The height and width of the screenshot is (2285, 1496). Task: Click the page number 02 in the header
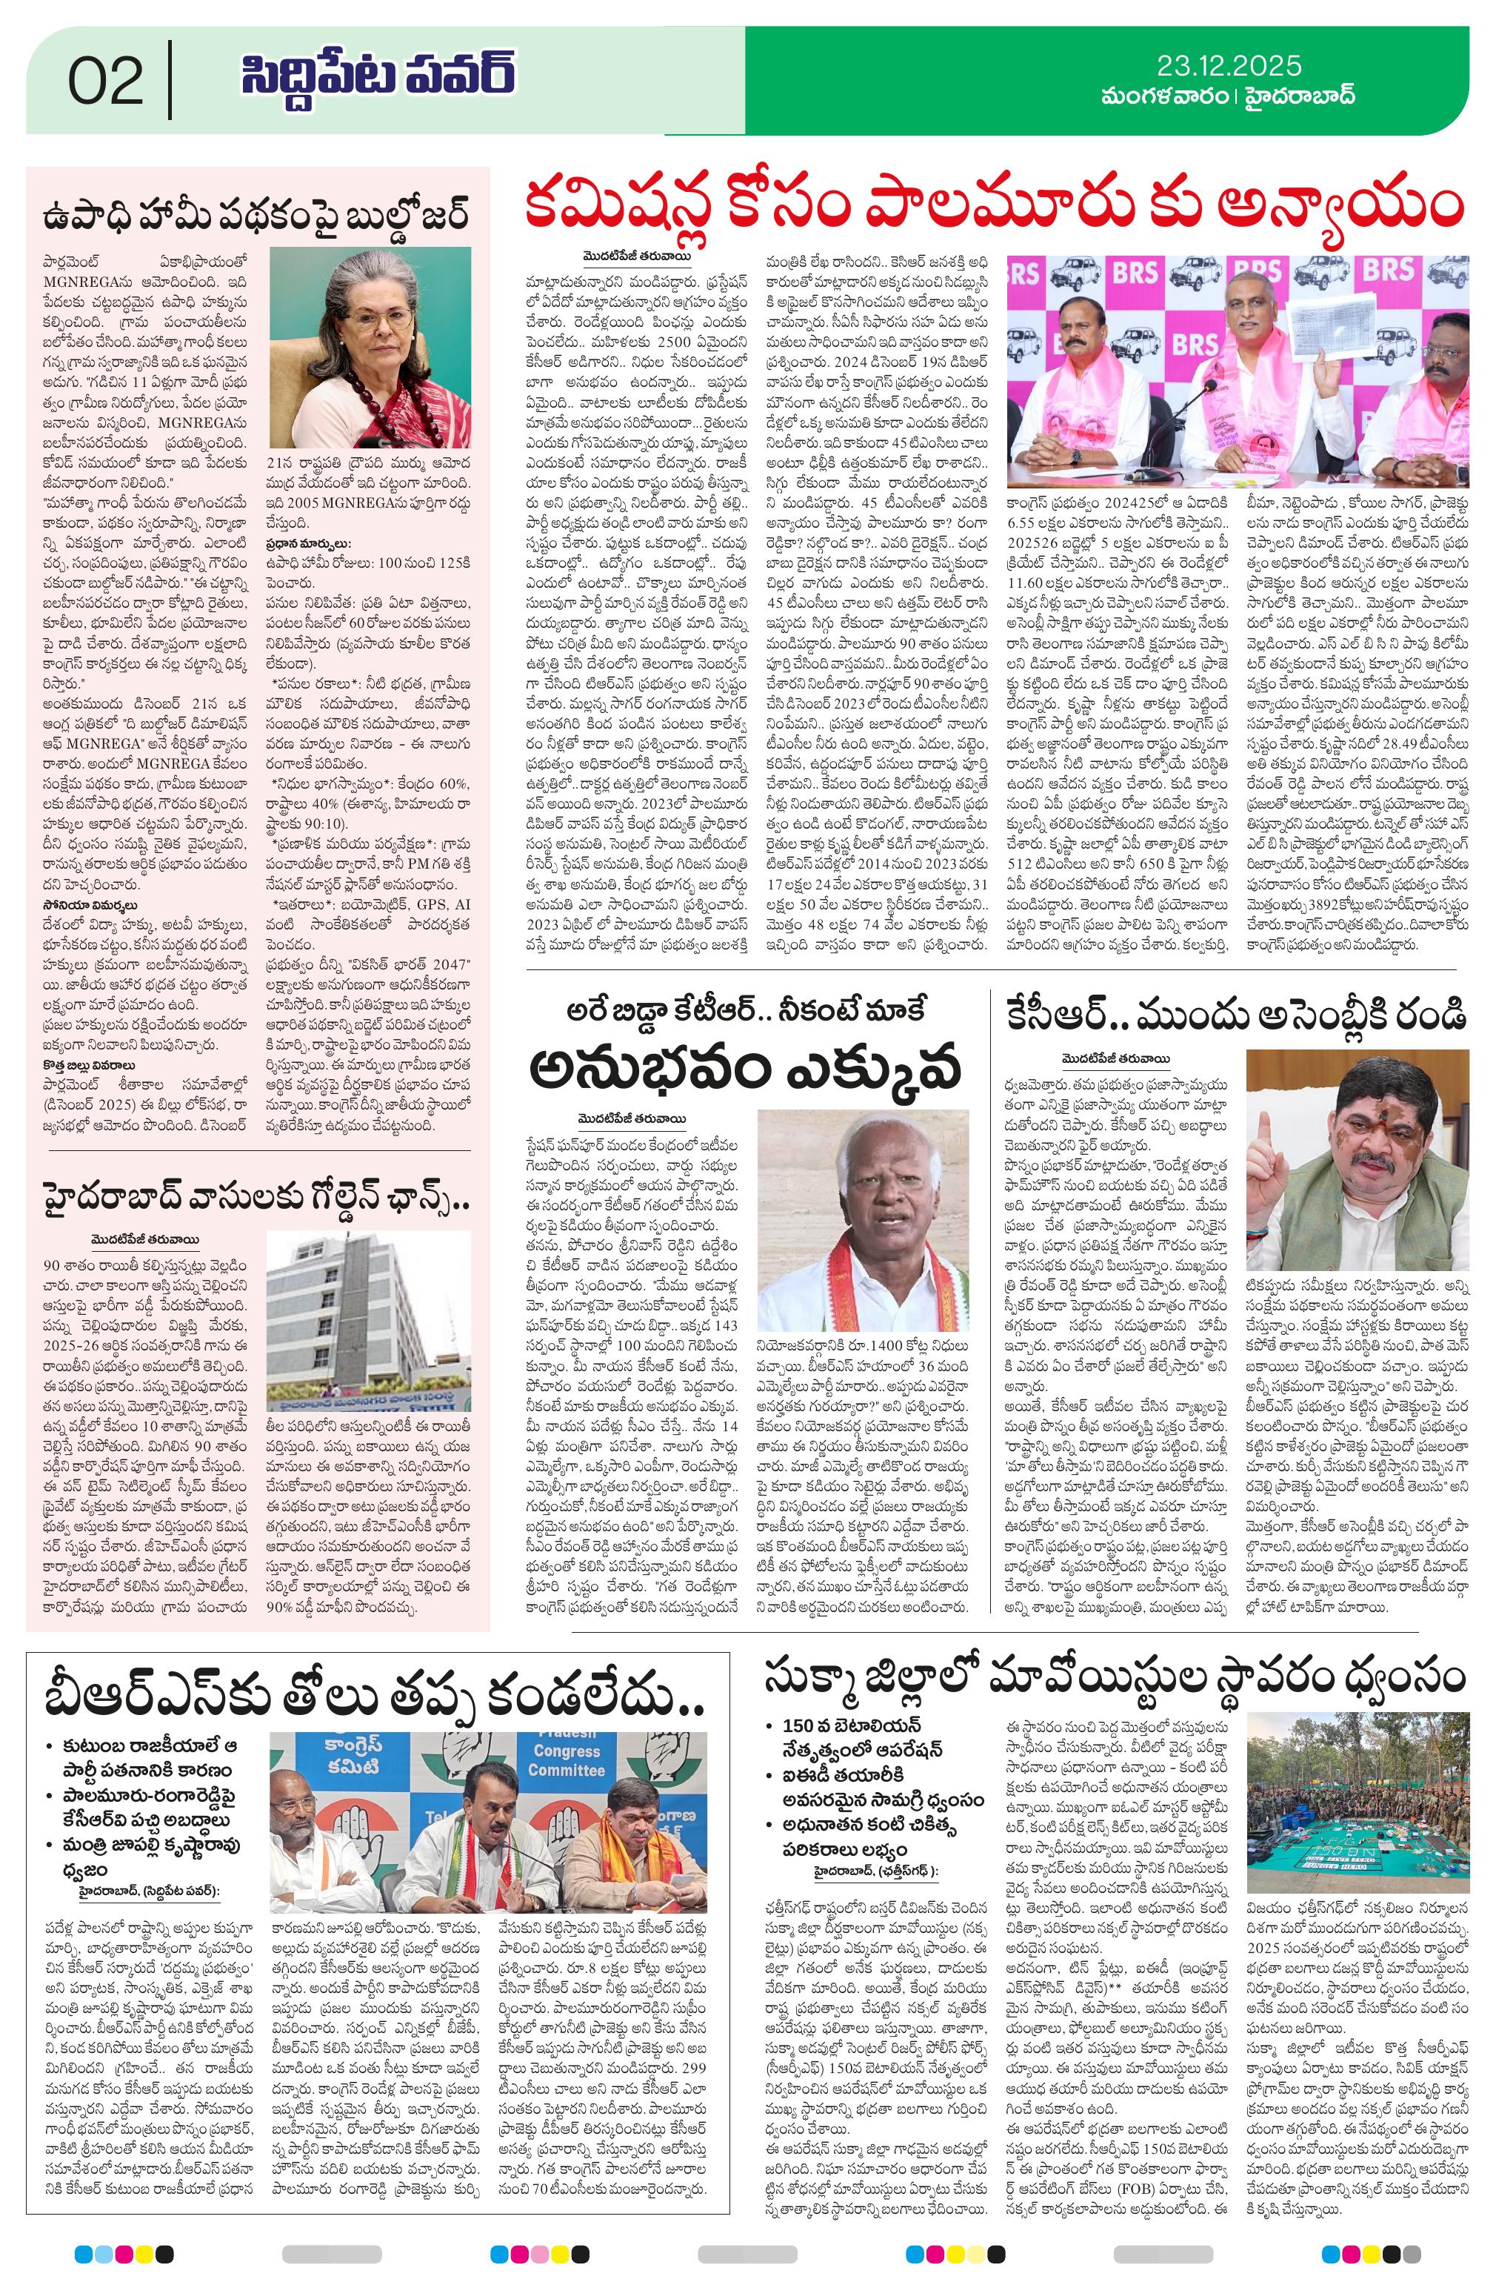106,82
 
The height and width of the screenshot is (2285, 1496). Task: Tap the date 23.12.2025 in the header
1229,65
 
